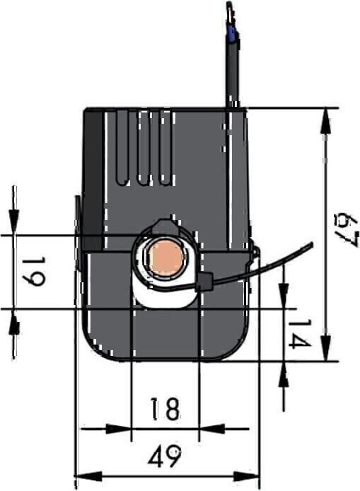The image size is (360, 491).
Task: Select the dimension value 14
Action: click(x=300, y=334)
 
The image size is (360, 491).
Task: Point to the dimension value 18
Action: click(x=165, y=409)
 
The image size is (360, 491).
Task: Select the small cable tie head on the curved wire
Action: click(x=204, y=281)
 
